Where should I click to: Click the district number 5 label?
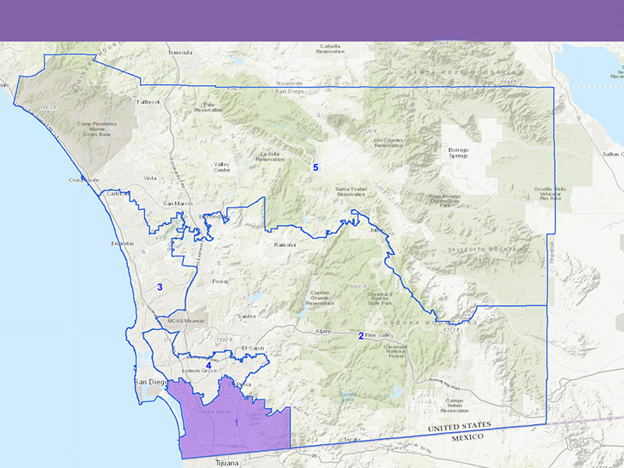point(316,167)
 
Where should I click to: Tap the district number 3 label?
point(160,287)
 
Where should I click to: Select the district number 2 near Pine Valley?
point(361,336)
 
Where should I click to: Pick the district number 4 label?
point(208,365)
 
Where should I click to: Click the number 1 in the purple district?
point(236,422)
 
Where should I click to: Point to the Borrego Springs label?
point(457,152)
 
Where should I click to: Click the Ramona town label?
point(285,245)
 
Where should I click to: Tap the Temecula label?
point(179,52)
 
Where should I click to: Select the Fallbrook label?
point(147,101)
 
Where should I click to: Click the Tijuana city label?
point(231,463)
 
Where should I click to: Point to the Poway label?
point(221,281)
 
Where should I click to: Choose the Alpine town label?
point(323,331)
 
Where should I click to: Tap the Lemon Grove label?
point(198,370)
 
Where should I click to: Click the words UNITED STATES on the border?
point(460,427)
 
